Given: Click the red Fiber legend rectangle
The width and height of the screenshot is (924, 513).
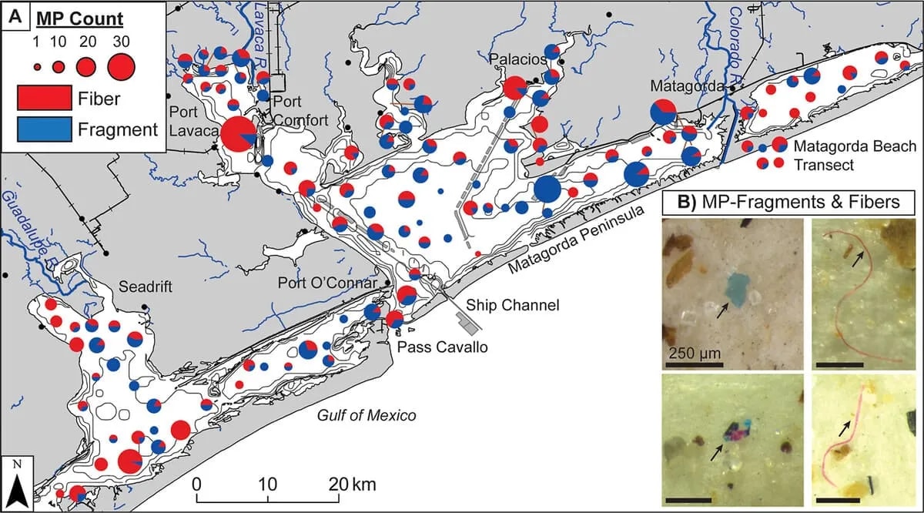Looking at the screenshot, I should [x=42, y=98].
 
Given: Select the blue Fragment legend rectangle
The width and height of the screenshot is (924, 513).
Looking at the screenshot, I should [x=42, y=129].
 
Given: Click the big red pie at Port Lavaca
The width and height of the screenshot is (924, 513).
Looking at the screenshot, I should [x=239, y=136].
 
